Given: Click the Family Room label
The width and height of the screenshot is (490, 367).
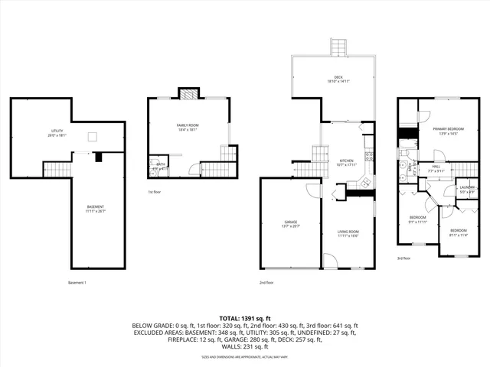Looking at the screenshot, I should (188, 126).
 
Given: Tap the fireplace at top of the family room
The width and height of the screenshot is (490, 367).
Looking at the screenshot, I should (188, 94).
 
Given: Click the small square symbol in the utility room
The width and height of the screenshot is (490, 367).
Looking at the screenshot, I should (93, 137).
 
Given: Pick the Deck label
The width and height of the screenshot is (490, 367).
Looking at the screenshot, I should (338, 79).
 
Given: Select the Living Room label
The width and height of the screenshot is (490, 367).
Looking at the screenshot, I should (348, 232).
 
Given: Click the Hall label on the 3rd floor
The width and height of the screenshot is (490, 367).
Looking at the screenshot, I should (436, 168).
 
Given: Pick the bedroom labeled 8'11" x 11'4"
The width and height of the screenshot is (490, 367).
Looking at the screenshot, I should (458, 232).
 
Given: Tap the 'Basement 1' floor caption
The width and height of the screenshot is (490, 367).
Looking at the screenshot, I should (77, 283).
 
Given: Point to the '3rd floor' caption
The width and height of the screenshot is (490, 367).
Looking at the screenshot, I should (404, 258).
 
